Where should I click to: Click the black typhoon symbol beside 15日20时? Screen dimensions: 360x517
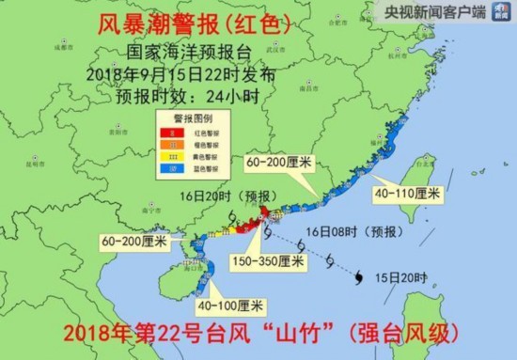coord(361,275)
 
